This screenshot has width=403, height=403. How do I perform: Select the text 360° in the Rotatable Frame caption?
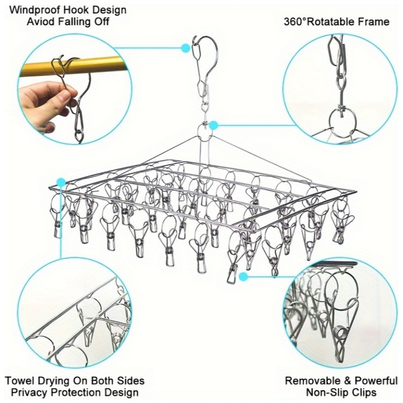click(295, 22)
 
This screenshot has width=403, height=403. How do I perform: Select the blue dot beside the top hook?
click(185, 48)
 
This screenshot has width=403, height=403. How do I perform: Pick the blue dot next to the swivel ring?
click(214, 125)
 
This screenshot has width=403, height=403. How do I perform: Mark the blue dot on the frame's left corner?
click(61, 182)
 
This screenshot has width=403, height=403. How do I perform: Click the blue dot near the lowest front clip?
click(243, 277)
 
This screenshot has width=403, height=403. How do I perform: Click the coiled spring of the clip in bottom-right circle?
click(341, 333)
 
